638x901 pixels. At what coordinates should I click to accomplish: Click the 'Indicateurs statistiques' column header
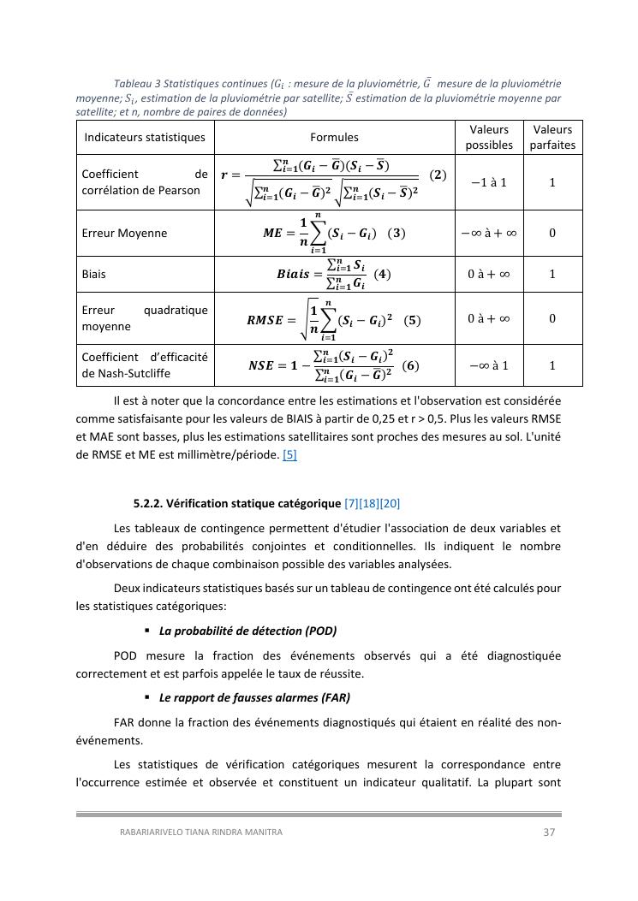coord(144,137)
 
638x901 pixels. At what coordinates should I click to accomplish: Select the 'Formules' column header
coord(334,137)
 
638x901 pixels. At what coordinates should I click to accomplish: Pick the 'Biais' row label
coord(94,274)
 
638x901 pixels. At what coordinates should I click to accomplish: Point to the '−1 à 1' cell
coord(489,182)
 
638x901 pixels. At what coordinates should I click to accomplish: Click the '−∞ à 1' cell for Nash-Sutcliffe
coord(489,365)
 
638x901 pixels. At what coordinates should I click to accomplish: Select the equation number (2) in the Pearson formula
coord(438,175)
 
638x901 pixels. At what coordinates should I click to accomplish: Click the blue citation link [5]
coord(289,455)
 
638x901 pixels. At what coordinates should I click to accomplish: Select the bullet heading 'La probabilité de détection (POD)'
coord(247,631)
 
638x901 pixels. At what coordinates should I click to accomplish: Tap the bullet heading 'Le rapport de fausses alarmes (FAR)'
coord(254,696)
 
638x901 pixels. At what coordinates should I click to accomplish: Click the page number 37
coord(550,832)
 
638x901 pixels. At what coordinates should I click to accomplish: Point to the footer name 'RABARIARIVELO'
coord(152,832)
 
